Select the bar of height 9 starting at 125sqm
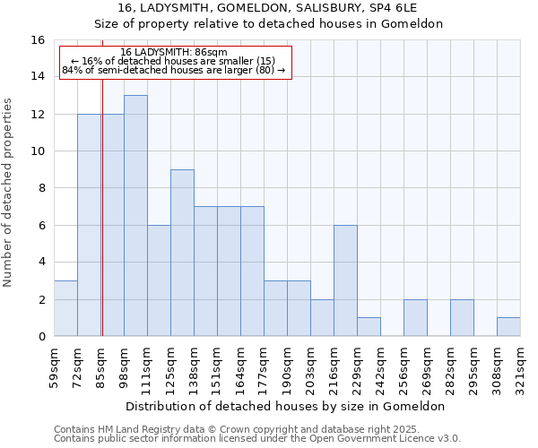point(182,253)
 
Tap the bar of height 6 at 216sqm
point(345,280)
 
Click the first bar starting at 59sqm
point(65,308)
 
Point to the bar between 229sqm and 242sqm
point(369,327)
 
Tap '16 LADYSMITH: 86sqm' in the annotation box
point(174,53)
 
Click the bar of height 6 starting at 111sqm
point(159,280)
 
